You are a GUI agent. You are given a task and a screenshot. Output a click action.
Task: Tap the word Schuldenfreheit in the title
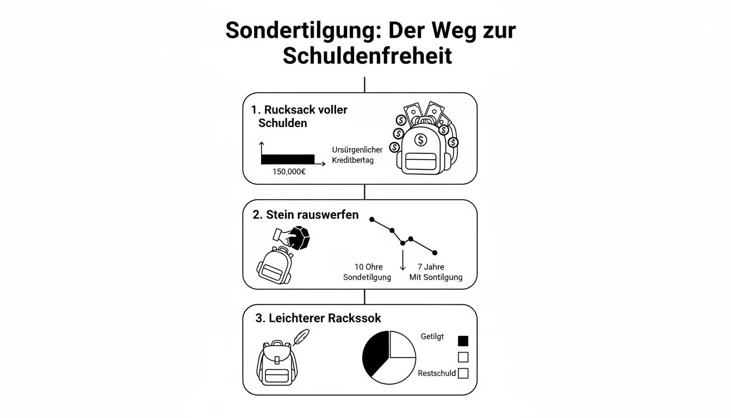tap(367, 56)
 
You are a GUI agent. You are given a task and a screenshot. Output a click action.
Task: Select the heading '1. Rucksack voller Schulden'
tap(299, 116)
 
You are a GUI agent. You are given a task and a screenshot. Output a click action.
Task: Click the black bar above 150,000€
tap(288, 159)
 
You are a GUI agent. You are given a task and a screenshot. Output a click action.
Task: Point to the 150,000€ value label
tap(289, 172)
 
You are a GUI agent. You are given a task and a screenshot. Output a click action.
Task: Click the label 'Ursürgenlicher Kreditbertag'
tap(357, 155)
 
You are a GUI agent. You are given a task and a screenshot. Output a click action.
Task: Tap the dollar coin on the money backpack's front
tap(420, 140)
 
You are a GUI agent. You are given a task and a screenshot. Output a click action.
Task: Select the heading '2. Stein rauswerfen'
tap(306, 214)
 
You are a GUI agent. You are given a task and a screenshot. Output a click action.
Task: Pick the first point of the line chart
tap(372, 219)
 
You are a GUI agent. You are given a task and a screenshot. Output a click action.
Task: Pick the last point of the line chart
tap(435, 253)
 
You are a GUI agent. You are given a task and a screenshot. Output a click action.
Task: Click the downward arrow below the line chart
tap(402, 260)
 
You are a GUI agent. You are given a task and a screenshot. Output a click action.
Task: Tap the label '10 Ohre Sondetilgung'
tap(368, 272)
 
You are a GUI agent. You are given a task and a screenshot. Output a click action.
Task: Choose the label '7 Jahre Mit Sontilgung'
tap(435, 272)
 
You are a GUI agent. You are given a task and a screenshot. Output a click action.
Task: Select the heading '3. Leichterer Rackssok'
tap(318, 318)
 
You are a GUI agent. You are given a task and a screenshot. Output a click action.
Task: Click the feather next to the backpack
tap(300, 337)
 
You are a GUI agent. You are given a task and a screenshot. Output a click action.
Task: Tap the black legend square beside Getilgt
tap(463, 341)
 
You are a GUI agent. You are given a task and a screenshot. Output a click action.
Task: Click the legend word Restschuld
tap(437, 373)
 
